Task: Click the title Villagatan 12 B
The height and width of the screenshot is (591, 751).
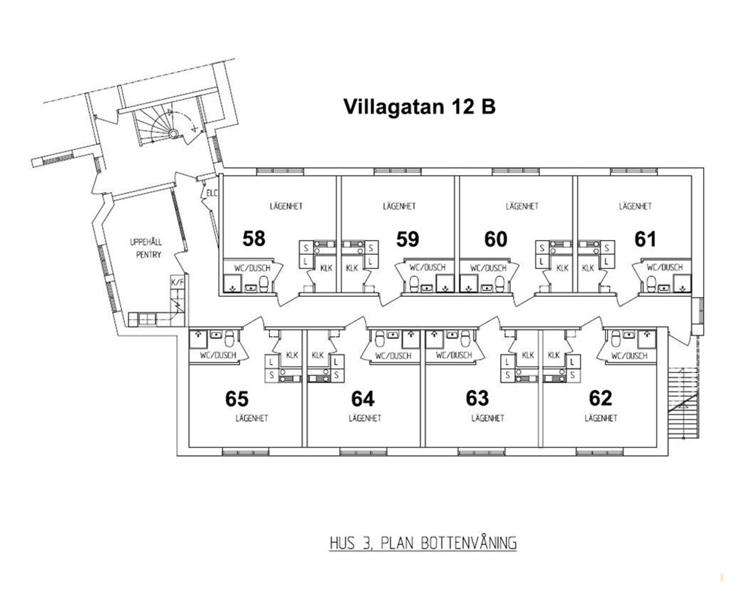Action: point(420,106)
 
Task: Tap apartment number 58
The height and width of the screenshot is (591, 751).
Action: point(254,239)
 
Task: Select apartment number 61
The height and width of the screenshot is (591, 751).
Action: point(646,239)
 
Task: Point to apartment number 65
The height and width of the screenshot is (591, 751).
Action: point(237,399)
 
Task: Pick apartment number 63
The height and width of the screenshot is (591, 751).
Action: point(477,398)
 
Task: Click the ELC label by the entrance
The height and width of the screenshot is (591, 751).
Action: point(212,194)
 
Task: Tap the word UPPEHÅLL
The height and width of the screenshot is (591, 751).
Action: point(145,242)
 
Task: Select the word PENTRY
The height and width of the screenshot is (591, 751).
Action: point(148,255)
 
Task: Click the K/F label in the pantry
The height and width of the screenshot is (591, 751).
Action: point(177,282)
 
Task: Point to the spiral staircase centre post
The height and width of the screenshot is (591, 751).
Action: point(173,133)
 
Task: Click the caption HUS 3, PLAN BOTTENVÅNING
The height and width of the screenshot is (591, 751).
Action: point(423,543)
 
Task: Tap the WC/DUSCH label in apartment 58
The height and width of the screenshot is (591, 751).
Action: point(252,268)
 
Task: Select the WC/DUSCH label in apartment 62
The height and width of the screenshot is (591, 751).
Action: point(629,356)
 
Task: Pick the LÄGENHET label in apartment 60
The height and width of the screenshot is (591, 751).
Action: point(522,206)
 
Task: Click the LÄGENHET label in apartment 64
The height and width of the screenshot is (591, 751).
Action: point(365,418)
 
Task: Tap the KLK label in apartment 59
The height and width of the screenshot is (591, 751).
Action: point(352,268)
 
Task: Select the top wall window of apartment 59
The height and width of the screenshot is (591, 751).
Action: point(398,171)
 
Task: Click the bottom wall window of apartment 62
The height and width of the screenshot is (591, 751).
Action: point(600,452)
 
